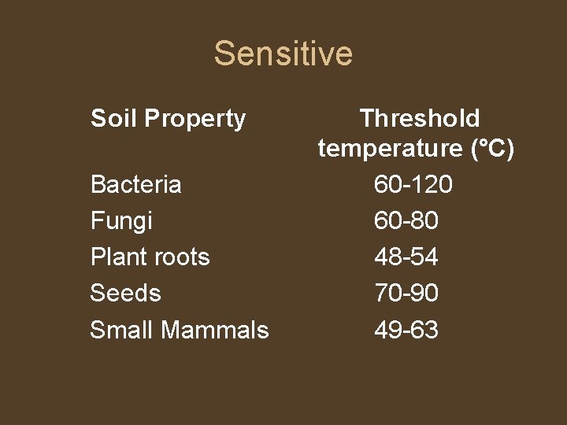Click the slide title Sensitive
pyautogui.click(x=283, y=54)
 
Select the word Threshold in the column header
pyautogui.click(x=419, y=119)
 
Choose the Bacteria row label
pyautogui.click(x=135, y=185)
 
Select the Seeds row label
pyautogui.click(x=125, y=294)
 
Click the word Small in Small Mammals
pyautogui.click(x=120, y=330)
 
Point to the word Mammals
pyautogui.click(x=214, y=330)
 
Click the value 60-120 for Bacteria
pyautogui.click(x=413, y=185)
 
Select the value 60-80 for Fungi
pyautogui.click(x=406, y=221)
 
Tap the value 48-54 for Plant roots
pyautogui.click(x=406, y=257)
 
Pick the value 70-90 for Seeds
pyautogui.click(x=406, y=294)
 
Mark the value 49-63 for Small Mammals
pyautogui.click(x=406, y=330)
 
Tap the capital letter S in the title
pyautogui.click(x=224, y=54)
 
